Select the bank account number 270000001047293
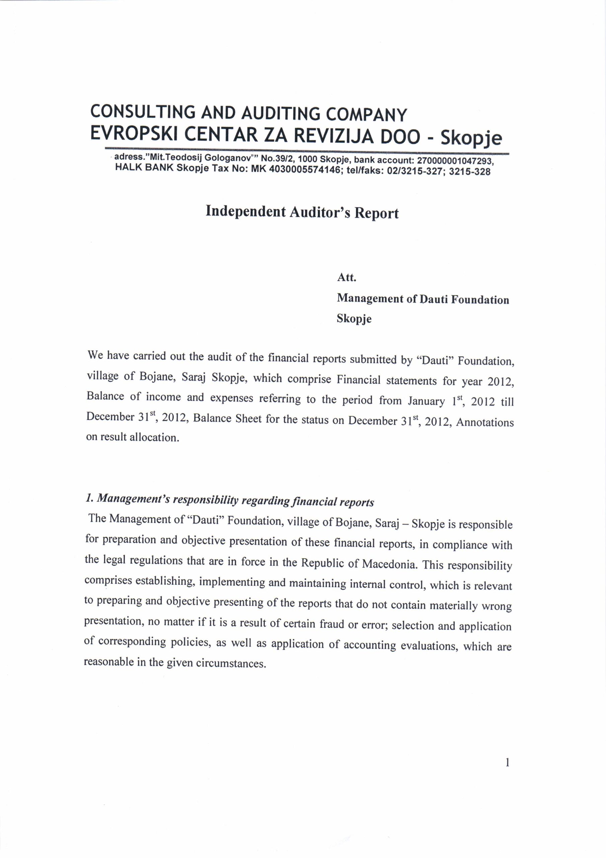click(x=455, y=162)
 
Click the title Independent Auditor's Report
click(x=302, y=212)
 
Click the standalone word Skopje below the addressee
click(x=354, y=319)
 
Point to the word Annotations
click(x=485, y=422)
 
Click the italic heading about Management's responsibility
click(x=229, y=501)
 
